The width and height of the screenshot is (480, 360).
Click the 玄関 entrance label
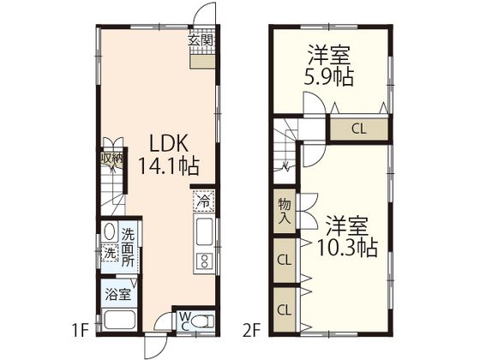click(x=201, y=40)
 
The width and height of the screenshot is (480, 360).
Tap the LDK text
click(x=168, y=143)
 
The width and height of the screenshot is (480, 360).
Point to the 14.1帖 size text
click(x=170, y=166)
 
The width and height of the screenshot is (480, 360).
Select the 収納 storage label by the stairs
click(x=111, y=159)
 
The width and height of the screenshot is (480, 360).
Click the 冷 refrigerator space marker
click(x=203, y=201)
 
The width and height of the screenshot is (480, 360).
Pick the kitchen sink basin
click(x=204, y=232)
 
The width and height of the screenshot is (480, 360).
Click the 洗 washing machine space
click(x=110, y=253)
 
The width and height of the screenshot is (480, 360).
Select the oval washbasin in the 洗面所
click(x=110, y=231)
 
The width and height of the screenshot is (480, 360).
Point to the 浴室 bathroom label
click(x=118, y=294)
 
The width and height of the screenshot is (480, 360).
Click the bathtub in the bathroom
click(x=119, y=321)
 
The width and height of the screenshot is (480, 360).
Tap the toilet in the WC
click(x=202, y=321)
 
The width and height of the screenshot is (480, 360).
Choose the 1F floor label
click(x=81, y=331)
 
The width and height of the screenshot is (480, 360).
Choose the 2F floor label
click(x=253, y=331)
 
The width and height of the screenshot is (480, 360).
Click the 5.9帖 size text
click(x=329, y=77)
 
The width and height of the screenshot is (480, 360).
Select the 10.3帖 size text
click(x=347, y=248)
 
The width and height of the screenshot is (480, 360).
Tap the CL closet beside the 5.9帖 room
click(x=359, y=129)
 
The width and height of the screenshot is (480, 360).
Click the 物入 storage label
click(x=285, y=211)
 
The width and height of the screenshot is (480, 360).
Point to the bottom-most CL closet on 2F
click(x=285, y=310)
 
